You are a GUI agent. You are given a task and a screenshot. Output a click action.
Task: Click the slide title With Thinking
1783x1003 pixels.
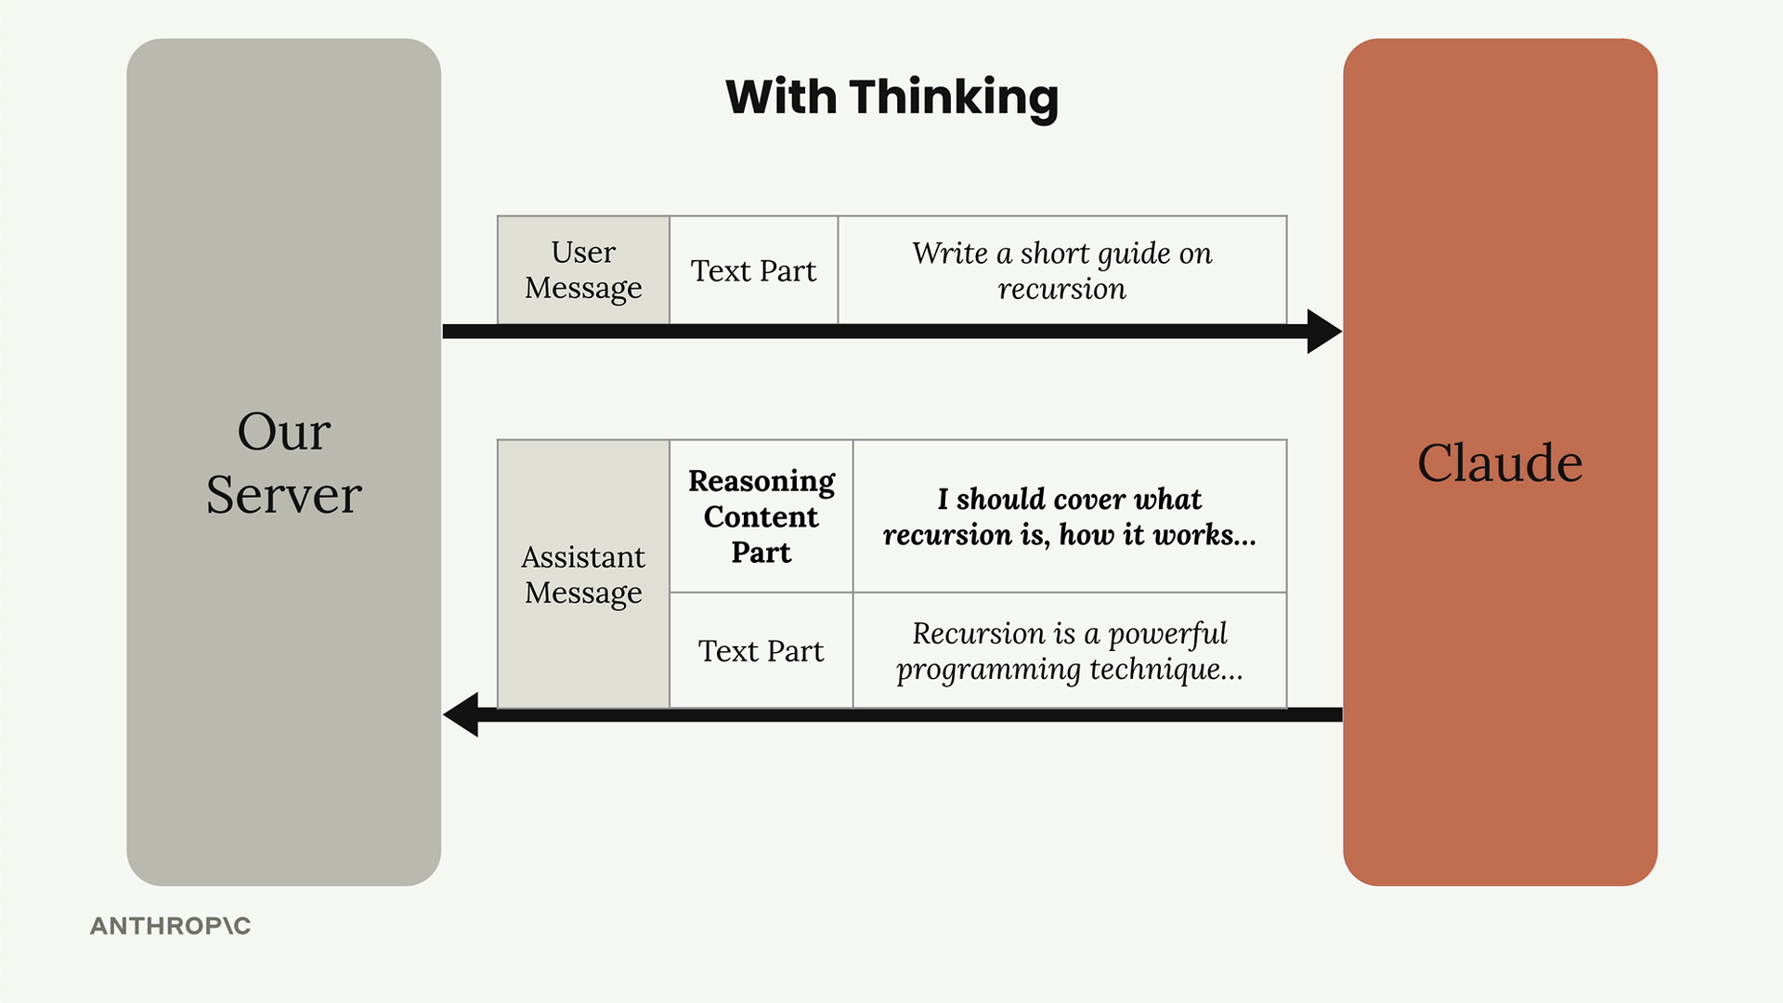click(x=891, y=98)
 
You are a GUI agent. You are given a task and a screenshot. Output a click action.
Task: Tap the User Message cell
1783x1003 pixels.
click(x=583, y=270)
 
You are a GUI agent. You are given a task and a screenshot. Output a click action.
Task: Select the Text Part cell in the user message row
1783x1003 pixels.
click(x=753, y=270)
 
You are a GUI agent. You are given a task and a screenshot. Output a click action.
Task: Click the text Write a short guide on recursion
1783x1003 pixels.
click(x=1062, y=270)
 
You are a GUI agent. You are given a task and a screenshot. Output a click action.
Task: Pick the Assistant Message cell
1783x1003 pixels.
click(x=583, y=574)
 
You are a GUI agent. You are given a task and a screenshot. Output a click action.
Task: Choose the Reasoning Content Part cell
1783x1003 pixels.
click(x=761, y=516)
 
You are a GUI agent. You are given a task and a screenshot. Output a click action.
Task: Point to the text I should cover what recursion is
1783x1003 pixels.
click(x=1070, y=516)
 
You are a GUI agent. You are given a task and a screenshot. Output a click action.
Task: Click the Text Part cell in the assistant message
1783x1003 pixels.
click(x=761, y=650)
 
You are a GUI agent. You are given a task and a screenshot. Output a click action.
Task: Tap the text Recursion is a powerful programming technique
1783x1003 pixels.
click(x=1070, y=650)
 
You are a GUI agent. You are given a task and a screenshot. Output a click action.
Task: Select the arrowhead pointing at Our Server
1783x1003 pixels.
click(x=461, y=714)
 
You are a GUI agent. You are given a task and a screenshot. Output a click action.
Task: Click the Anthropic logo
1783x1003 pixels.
click(x=170, y=926)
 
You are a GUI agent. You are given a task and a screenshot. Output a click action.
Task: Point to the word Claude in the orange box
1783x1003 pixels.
click(x=1500, y=462)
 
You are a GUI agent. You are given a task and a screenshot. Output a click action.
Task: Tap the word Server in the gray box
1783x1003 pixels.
click(x=283, y=494)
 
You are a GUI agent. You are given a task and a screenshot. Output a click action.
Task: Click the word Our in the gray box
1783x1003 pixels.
click(x=283, y=432)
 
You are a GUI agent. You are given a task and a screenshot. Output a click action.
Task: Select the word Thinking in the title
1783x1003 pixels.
click(x=954, y=98)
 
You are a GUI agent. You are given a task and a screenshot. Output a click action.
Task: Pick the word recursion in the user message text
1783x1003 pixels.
click(x=1062, y=289)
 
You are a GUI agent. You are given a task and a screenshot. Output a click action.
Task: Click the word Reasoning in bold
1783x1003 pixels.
click(x=761, y=481)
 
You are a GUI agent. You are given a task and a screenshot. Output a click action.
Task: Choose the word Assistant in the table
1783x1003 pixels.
click(x=583, y=557)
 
